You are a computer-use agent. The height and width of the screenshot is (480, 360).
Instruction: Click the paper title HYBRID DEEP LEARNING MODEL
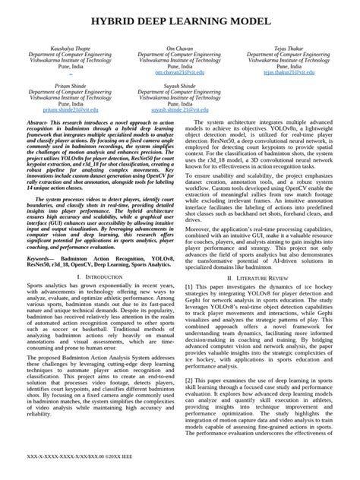point(180,15)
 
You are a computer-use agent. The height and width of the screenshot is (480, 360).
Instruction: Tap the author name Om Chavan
point(180,48)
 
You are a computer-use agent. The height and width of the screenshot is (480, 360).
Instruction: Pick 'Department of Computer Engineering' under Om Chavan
point(180,54)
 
